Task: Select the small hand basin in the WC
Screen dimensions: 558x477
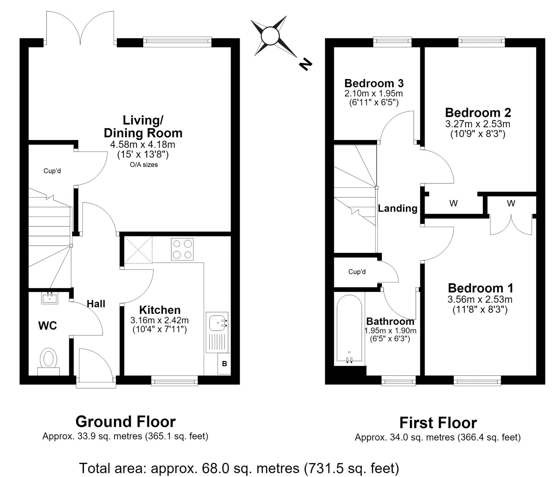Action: [x=50, y=298]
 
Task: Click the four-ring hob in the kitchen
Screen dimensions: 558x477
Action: [x=182, y=249]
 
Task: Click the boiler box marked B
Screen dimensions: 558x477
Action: [x=224, y=364]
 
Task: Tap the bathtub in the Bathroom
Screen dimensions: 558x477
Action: [x=349, y=329]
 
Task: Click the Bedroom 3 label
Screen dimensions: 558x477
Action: [x=374, y=83]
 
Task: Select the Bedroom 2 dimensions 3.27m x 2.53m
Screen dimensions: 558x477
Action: [x=478, y=124]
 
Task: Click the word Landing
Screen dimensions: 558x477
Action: [x=398, y=208]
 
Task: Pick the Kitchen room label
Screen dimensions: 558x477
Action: [x=160, y=310]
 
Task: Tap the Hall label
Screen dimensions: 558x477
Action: [x=96, y=304]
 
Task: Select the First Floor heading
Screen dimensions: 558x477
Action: [x=438, y=422]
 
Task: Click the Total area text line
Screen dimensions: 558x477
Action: [x=239, y=468]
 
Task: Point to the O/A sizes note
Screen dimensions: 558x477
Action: [x=144, y=165]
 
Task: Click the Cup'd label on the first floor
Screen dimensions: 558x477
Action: [x=357, y=272]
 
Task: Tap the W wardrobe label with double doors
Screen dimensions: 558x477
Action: [x=511, y=203]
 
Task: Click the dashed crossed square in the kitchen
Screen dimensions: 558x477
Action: [x=138, y=250]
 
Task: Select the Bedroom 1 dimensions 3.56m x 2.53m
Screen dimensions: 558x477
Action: [x=480, y=299]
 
